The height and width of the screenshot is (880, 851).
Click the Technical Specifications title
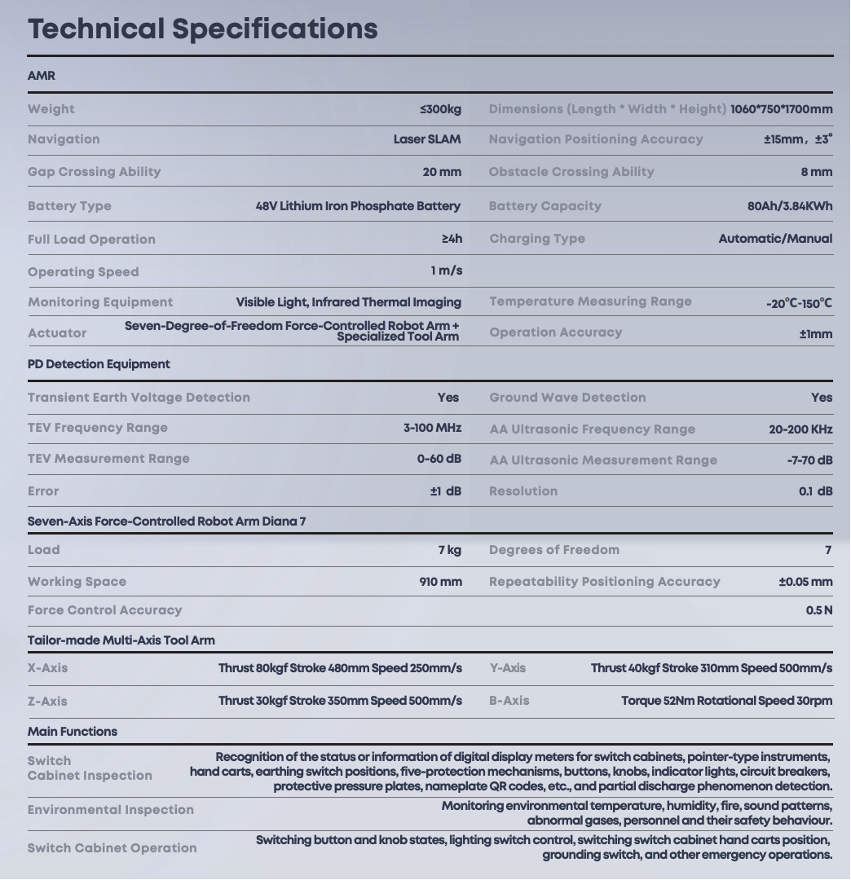coord(202,29)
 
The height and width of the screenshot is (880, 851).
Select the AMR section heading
coord(42,76)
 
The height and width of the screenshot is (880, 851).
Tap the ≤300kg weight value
coord(440,109)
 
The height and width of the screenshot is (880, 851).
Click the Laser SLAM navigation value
coord(427,139)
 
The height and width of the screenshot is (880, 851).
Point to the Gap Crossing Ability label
coord(95,172)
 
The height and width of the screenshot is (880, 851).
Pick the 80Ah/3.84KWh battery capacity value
coord(790,206)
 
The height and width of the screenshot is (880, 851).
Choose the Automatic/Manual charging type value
coord(775,239)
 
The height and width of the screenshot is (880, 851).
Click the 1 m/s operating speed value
coord(446,271)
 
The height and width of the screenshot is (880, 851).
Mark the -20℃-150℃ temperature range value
coord(799,303)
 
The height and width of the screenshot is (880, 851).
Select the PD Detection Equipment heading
coord(99,364)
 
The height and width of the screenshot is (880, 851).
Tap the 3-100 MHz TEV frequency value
coord(432,428)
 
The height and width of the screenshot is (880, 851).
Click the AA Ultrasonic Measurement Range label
coord(603,460)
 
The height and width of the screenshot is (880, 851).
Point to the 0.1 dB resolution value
coord(815,491)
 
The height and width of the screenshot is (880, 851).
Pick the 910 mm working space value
coord(440,582)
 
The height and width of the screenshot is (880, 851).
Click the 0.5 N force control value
coord(819,610)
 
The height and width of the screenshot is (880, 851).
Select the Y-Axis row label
coord(508,668)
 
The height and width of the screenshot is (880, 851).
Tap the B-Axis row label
coord(509,701)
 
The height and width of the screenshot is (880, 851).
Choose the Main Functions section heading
coord(73,732)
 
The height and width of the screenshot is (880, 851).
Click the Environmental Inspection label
coord(111,810)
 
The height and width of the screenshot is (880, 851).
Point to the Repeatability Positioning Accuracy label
coord(605,582)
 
